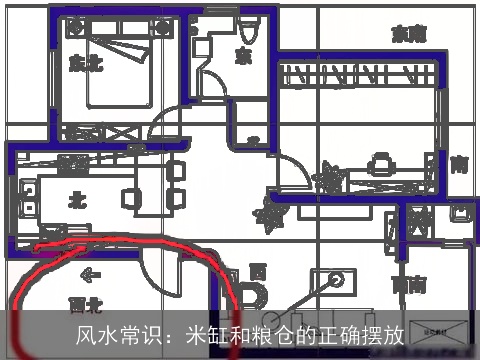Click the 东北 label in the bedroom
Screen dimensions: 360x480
(86, 63)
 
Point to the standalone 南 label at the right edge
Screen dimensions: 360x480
(459, 164)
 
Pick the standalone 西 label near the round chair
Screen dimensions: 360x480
(258, 271)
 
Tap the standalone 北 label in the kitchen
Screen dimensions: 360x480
(75, 200)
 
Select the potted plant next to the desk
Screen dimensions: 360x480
(326, 181)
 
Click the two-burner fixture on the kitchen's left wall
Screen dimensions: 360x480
(26, 191)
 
